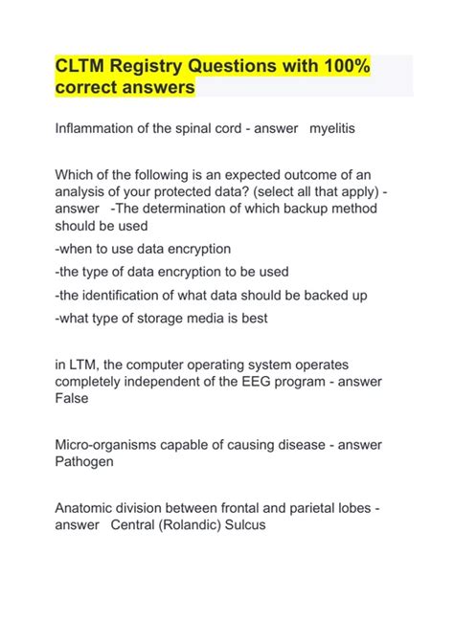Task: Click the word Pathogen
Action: [x=89, y=460]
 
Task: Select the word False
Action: [x=72, y=397]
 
